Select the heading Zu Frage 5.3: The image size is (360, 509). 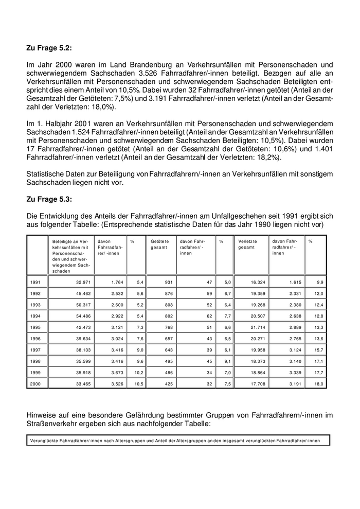tap(49, 199)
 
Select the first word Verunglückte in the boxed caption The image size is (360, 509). tap(44, 441)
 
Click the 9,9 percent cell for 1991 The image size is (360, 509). tap(319, 283)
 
